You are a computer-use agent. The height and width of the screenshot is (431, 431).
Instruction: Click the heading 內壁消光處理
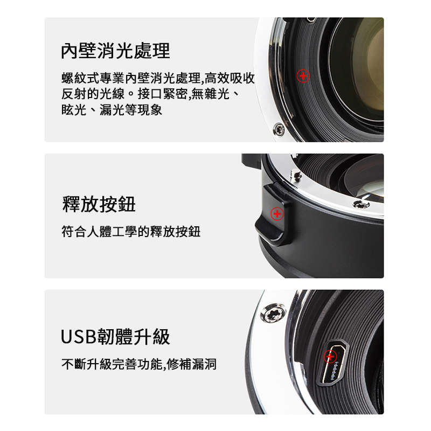coord(115,51)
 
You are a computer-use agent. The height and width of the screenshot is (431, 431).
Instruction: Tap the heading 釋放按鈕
coord(99,204)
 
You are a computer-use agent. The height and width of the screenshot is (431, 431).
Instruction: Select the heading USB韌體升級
coord(115,337)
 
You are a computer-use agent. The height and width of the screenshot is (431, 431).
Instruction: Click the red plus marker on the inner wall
coord(303,75)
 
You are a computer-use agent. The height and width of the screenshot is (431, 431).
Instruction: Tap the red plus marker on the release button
coord(277,213)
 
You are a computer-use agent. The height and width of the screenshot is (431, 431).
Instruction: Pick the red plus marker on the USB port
coord(330,357)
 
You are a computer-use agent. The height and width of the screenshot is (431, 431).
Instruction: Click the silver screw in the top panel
coord(279,129)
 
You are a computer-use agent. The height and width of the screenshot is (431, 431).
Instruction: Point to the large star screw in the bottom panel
coord(273,313)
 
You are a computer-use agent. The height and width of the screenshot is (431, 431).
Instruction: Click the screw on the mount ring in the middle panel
coord(361,204)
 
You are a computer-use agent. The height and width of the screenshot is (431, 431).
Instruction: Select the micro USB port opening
coord(332,364)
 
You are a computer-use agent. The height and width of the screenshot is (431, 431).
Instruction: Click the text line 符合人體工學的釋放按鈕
coord(131,232)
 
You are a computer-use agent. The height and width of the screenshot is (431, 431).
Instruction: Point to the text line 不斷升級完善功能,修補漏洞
coord(139,364)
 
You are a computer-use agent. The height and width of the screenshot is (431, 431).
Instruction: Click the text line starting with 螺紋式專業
coord(158,78)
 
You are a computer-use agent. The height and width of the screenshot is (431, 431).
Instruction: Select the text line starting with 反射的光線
coord(151,94)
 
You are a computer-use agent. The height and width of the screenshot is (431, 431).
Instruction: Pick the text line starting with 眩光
coord(112,110)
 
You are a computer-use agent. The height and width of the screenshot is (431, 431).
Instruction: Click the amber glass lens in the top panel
coord(360,69)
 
